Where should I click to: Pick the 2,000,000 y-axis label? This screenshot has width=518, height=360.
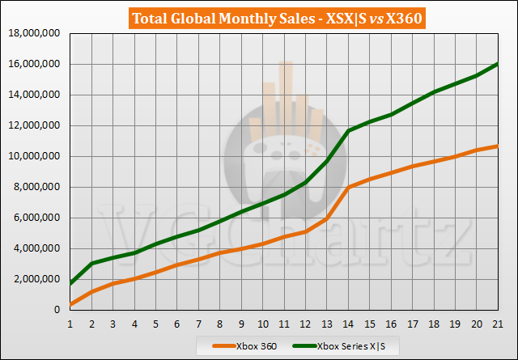[x=36, y=279]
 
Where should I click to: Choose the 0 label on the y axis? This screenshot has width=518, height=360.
[x=60, y=310]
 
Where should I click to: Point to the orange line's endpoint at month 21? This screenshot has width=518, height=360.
[x=498, y=146]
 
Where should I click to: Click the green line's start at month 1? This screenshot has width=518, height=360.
[x=71, y=284]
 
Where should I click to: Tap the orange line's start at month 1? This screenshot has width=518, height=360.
[x=71, y=304]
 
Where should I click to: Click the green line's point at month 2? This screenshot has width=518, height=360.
[x=92, y=264]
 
